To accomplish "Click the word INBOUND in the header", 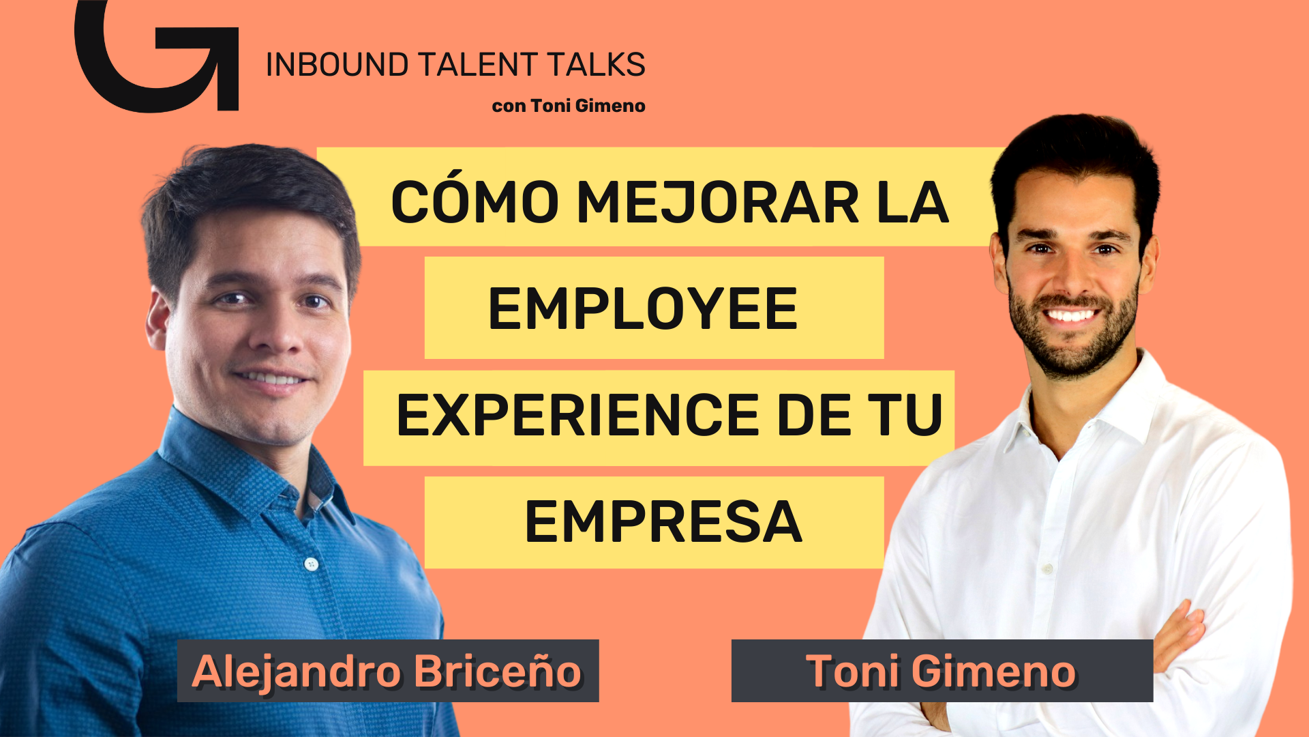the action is [x=337, y=65].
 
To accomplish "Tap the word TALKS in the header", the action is [x=597, y=65].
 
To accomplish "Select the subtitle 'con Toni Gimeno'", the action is [x=569, y=106].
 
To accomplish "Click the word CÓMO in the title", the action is [x=475, y=202].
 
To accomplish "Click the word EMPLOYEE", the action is [x=643, y=309].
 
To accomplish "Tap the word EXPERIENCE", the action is [x=577, y=415].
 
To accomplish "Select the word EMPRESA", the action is [x=663, y=522].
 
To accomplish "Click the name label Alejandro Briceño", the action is [x=388, y=671].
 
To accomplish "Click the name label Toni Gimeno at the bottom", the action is [x=942, y=671].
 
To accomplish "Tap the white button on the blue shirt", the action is [x=312, y=564].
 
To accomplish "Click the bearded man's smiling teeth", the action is [x=1070, y=315].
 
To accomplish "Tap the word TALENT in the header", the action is [x=478, y=65].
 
